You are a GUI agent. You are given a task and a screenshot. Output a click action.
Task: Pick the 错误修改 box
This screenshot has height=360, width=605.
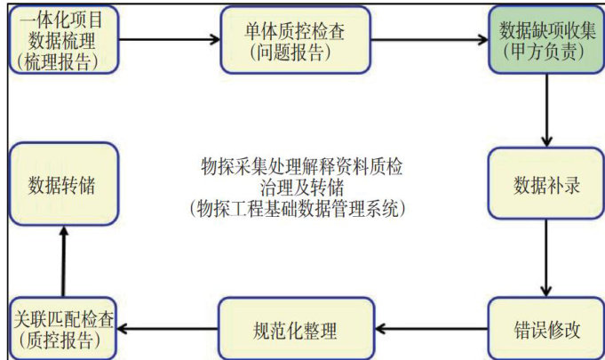point(542,330)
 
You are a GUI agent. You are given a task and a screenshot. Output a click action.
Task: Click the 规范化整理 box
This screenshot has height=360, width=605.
point(294,330)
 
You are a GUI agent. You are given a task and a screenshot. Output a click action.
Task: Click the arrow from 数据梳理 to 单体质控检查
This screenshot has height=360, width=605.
point(169,40)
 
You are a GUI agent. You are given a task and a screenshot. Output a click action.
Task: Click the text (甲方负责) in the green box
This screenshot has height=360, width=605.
point(543,52)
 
